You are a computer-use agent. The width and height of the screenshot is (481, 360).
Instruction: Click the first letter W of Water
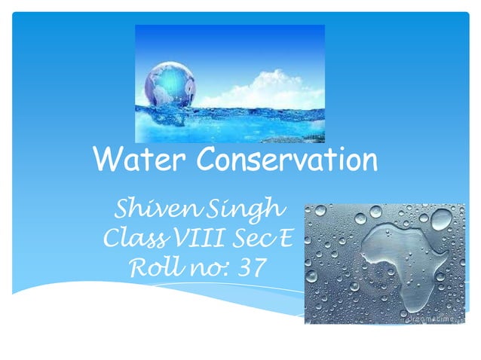103,160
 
